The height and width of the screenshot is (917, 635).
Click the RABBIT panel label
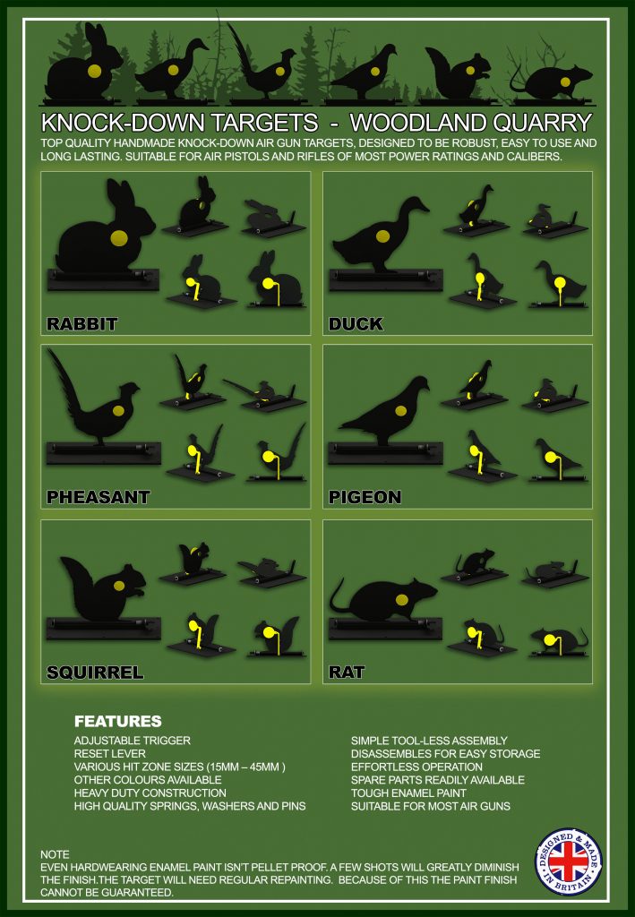(82, 324)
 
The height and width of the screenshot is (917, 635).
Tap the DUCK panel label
(356, 324)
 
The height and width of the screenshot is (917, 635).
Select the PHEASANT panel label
(99, 497)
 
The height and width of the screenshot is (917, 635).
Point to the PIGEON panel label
(365, 497)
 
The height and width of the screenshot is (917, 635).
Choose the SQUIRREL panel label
(95, 673)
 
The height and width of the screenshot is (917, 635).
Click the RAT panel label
(347, 673)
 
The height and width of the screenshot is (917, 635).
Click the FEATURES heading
(118, 721)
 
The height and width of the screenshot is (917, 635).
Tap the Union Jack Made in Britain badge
(569, 861)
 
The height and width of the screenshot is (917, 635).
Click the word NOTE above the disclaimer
(55, 854)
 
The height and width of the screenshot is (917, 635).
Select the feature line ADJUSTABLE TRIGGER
(133, 741)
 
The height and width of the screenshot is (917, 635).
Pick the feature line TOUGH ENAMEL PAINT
(408, 793)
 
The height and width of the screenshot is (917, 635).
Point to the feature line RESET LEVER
(110, 754)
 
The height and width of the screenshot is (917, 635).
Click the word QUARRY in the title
(543, 122)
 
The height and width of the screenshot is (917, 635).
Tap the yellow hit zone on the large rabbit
(119, 237)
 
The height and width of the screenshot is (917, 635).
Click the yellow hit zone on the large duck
(383, 236)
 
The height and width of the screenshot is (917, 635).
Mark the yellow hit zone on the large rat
(402, 599)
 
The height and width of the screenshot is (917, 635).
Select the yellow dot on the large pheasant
(119, 410)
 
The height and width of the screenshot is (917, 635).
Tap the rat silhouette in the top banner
(551, 81)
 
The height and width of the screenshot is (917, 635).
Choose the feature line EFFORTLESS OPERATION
(416, 767)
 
